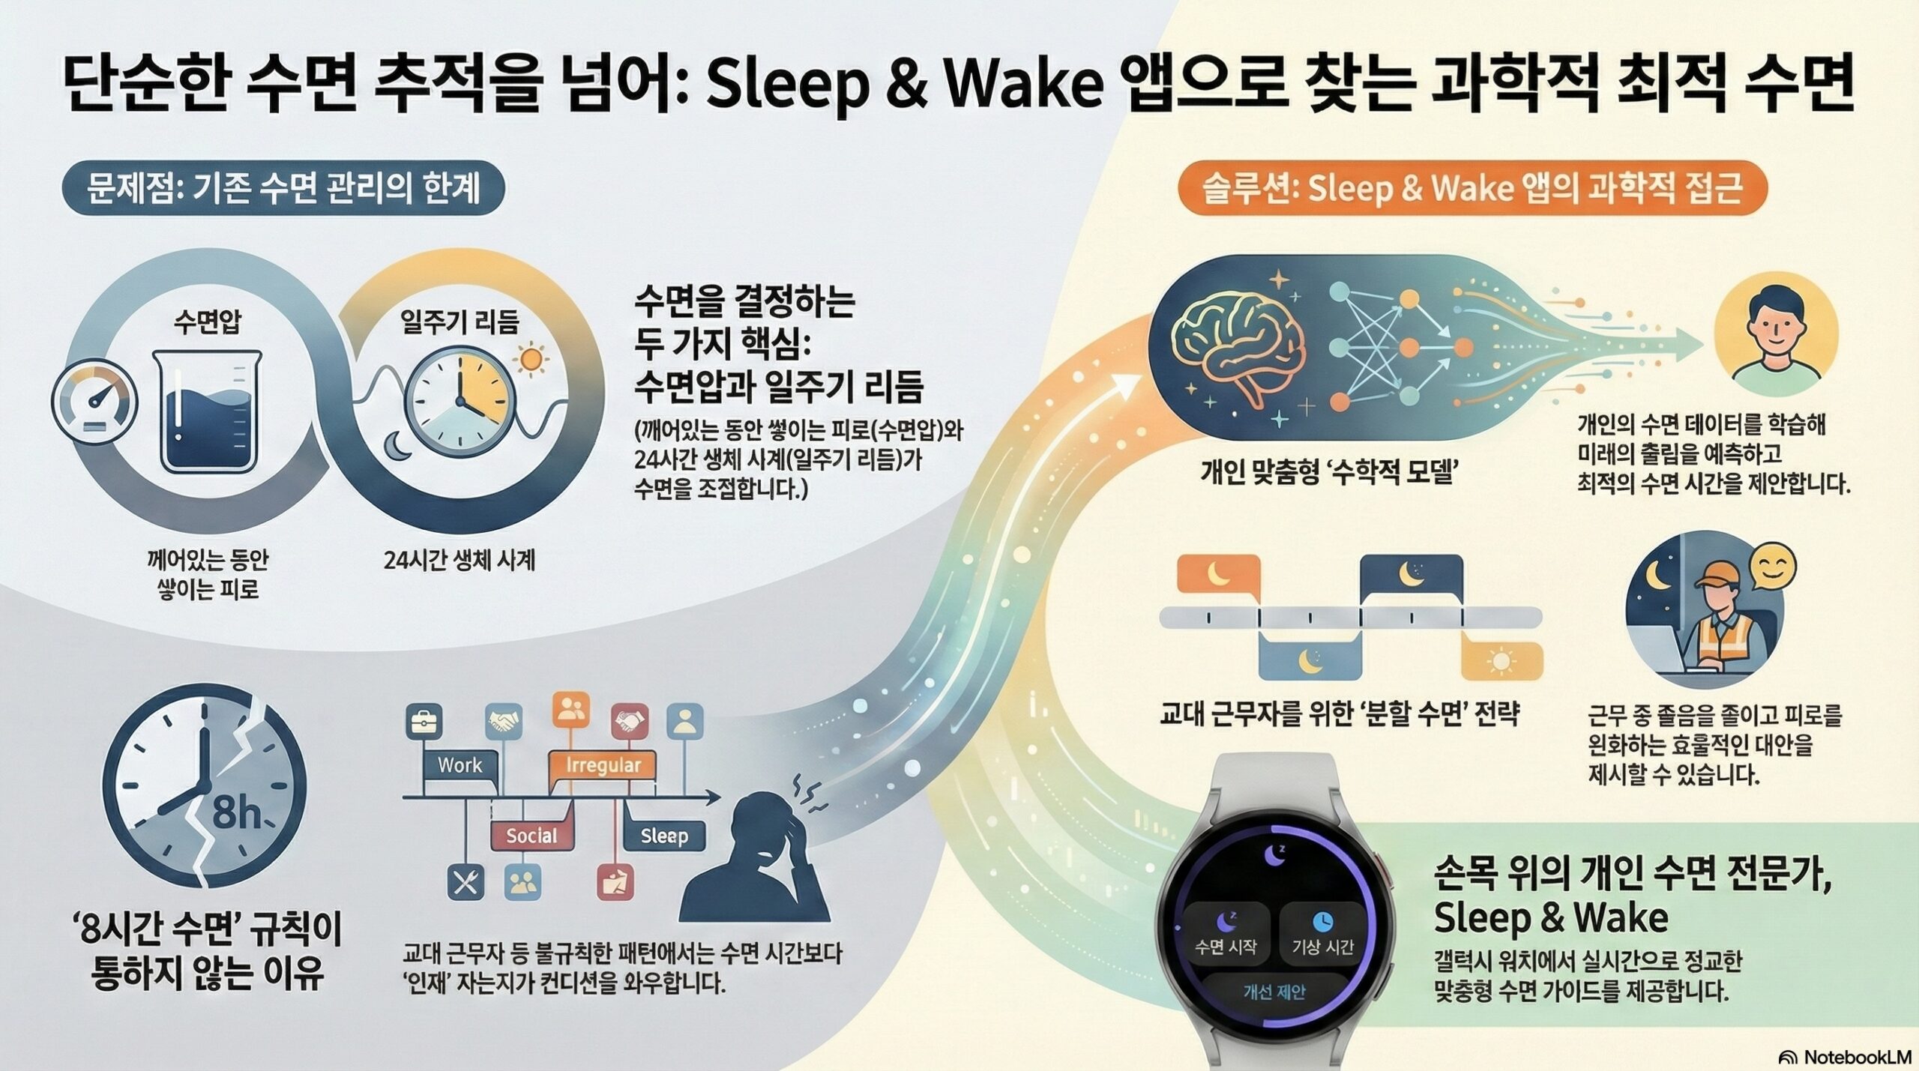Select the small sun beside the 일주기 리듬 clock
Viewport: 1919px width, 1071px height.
coord(531,359)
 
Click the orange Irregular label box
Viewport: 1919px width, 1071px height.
coord(603,765)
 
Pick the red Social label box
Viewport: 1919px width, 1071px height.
coord(531,836)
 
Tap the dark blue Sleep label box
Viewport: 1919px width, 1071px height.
coord(663,836)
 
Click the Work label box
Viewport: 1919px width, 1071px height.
coord(460,765)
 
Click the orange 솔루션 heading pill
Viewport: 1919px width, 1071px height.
coord(1473,190)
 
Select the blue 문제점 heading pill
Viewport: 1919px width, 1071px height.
coord(283,190)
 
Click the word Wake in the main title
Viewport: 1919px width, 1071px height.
coord(1024,86)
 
